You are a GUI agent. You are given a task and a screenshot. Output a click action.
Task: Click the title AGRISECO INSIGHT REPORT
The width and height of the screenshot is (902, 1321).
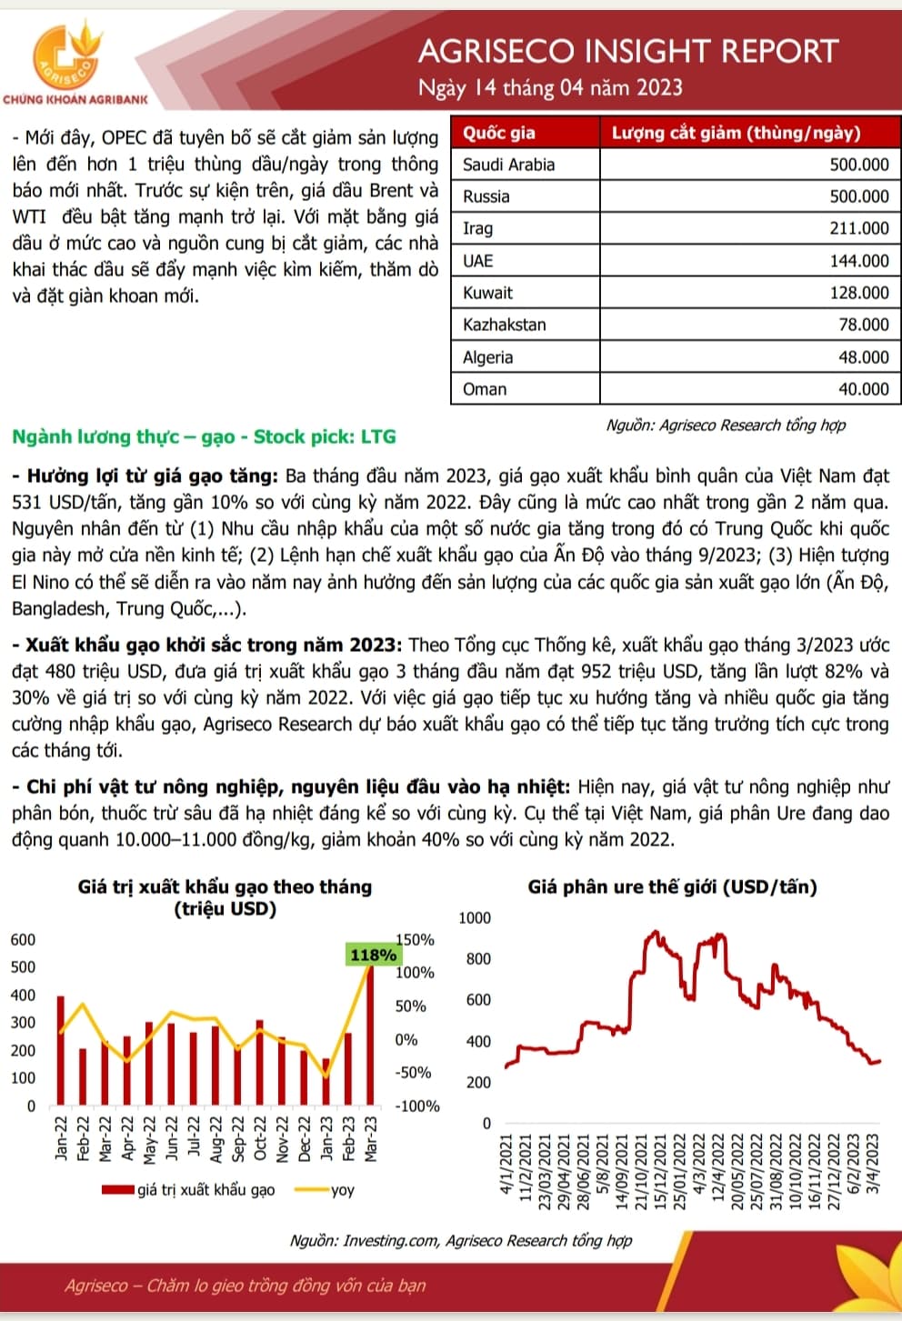[x=627, y=51]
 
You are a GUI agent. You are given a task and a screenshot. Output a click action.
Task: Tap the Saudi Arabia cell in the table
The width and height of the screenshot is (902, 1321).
[x=508, y=165]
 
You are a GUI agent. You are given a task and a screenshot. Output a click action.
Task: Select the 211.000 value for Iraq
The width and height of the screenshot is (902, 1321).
[x=858, y=228]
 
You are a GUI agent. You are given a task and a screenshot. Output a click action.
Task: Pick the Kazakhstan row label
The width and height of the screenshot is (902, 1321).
[x=504, y=325]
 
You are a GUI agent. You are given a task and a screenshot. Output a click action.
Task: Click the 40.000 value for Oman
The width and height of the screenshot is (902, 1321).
[x=863, y=389]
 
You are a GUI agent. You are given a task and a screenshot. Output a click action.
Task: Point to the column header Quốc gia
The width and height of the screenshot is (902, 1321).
[x=499, y=133]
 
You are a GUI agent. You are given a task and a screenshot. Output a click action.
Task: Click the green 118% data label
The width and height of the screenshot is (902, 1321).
[x=373, y=955]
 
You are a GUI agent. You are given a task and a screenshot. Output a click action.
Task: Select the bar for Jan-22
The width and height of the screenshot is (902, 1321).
[x=61, y=1050]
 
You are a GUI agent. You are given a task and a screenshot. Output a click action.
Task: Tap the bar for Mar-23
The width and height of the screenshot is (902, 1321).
[x=370, y=1036]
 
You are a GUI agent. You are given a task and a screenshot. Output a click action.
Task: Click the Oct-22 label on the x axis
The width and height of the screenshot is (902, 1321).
[x=259, y=1138]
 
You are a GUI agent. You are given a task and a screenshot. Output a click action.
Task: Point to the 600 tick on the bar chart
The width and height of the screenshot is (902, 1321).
[x=23, y=939]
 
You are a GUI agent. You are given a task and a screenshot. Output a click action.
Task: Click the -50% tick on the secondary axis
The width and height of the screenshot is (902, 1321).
[x=413, y=1073]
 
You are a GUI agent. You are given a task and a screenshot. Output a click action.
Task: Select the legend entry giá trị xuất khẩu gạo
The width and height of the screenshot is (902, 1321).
[x=205, y=1190]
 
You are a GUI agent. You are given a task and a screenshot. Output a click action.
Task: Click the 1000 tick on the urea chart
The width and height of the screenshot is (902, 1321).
[x=474, y=917]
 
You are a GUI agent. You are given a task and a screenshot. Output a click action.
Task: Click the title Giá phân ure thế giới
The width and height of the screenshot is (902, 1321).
[x=672, y=886]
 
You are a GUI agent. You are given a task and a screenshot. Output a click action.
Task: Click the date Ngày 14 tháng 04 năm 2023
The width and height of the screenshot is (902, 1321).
[x=550, y=88]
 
